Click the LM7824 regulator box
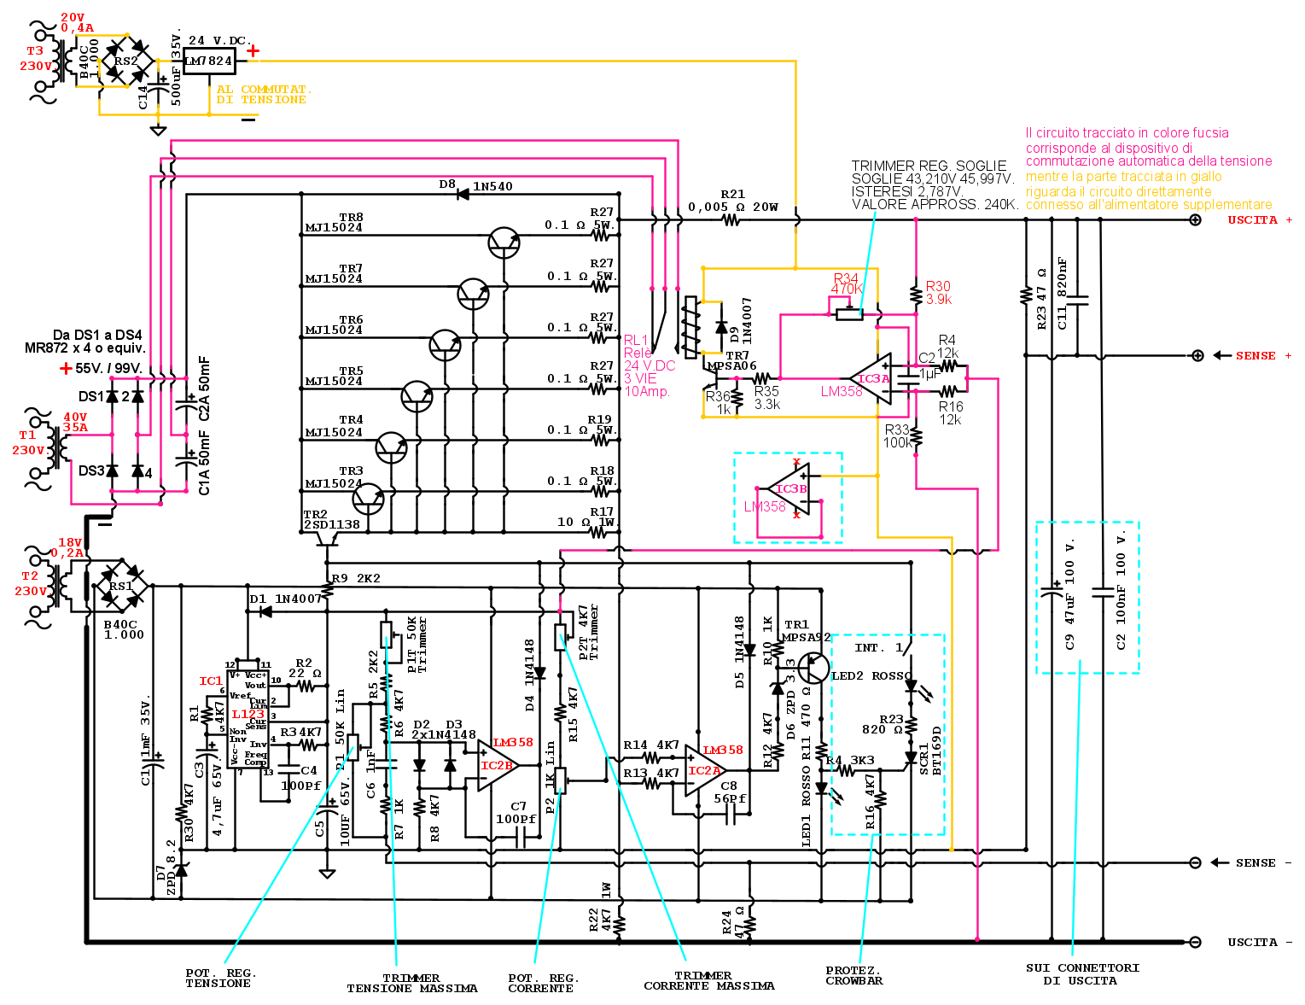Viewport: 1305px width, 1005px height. (x=209, y=61)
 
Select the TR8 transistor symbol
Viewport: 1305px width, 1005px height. (x=504, y=243)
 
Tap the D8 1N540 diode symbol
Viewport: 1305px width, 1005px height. (x=463, y=195)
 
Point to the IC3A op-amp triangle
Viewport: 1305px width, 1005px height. (x=873, y=378)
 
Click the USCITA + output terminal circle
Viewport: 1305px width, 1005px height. (x=1196, y=220)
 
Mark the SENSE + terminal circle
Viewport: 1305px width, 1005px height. (x=1197, y=356)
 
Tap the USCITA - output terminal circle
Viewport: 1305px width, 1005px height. (x=1196, y=942)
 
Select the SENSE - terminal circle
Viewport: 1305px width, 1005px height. (x=1196, y=862)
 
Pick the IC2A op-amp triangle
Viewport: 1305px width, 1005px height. (x=704, y=771)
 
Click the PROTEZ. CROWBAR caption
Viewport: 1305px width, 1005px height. (x=853, y=976)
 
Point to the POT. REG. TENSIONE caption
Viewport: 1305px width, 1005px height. (x=220, y=979)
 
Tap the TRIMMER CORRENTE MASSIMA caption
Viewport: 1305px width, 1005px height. (x=708, y=981)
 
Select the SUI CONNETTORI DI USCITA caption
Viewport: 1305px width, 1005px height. (x=1082, y=974)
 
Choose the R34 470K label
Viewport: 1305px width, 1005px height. (x=846, y=283)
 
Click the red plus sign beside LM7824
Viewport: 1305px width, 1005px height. (x=253, y=51)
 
